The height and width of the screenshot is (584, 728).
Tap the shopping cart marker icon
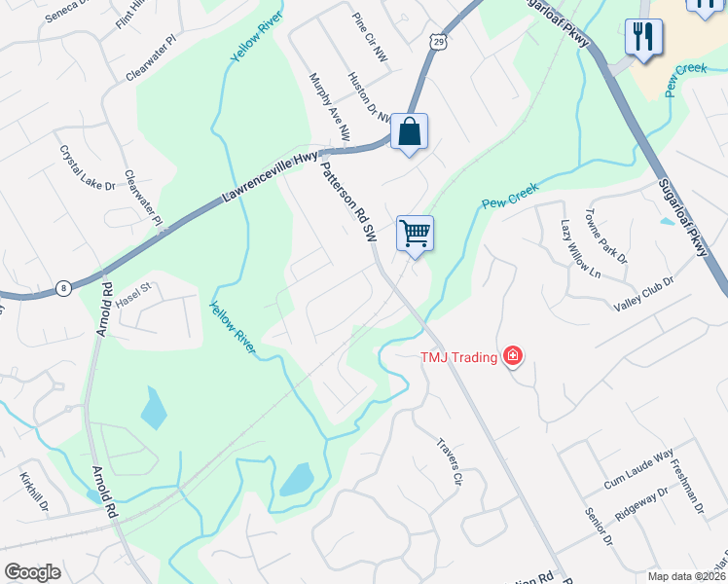[x=415, y=234]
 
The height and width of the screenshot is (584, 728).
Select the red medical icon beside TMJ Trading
[x=513, y=357]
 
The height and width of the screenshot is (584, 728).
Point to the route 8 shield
[x=63, y=287]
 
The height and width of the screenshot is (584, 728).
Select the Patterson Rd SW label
[x=348, y=201]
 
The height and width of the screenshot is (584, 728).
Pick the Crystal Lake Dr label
[x=88, y=168]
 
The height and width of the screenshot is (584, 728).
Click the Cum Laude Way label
[x=638, y=469]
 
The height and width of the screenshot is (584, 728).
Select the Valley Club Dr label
[x=643, y=294]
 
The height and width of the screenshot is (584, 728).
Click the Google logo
[x=32, y=571]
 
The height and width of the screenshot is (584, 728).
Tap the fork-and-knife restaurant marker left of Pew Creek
[x=643, y=38]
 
